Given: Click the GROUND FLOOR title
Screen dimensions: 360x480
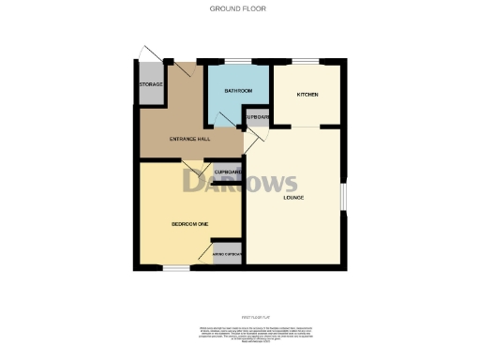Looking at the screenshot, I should pos(240,7).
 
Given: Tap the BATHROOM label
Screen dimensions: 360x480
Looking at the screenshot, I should pos(239,91).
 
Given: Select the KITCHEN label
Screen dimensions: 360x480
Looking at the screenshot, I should pos(309,95).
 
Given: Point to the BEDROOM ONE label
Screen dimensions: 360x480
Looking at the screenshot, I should pos(188,223).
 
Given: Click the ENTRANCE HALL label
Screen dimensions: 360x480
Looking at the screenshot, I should pos(188,139).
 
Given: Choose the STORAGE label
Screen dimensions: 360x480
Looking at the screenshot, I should pos(151,85).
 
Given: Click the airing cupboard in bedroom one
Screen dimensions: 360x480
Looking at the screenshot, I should pos(228,256).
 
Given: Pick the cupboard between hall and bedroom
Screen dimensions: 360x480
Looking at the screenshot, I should pos(229,173).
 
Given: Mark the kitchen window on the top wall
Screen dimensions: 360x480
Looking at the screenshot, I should pos(307,62).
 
